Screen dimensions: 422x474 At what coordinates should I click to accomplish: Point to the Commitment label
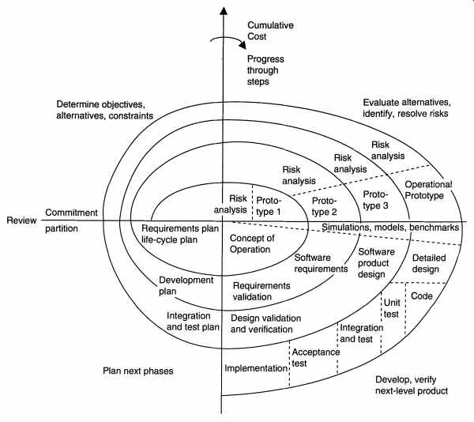[72, 213]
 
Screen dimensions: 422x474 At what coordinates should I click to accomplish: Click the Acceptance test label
[315, 358]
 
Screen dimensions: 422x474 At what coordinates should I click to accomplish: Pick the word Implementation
[254, 368]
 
